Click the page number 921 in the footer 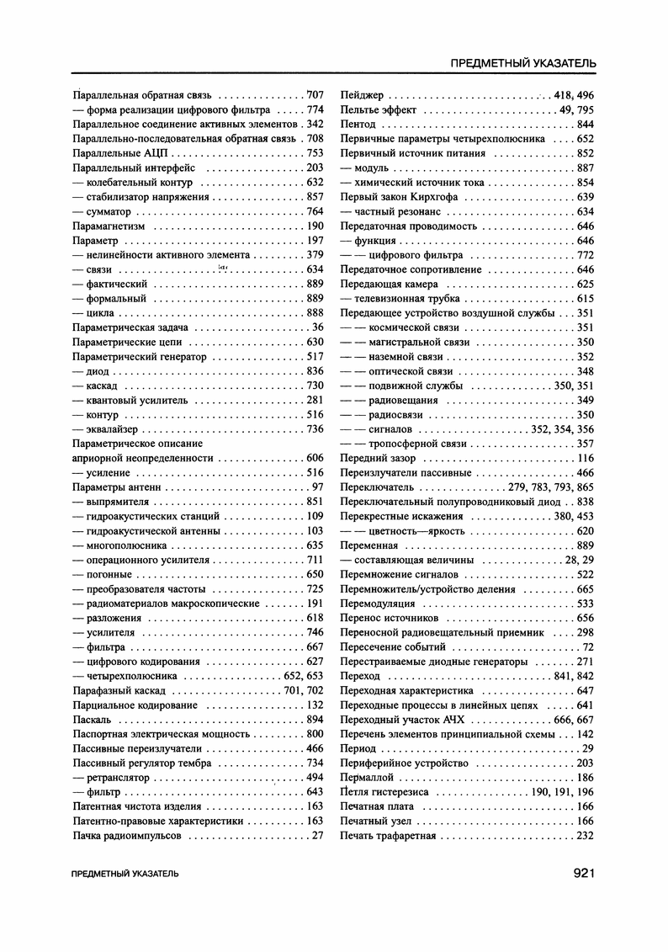[584, 873]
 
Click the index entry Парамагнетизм [109, 226]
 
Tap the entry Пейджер [362, 95]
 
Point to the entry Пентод [358, 125]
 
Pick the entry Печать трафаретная [388, 836]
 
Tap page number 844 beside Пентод [586, 125]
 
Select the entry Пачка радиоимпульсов [129, 836]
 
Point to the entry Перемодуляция [377, 604]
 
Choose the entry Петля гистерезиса [384, 792]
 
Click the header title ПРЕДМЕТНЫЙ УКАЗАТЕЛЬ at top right [523, 63]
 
